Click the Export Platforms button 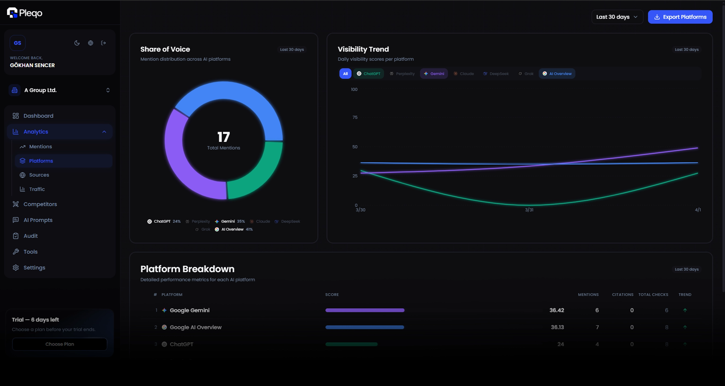[680, 17]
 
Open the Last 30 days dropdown [617, 17]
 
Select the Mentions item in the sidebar [41, 147]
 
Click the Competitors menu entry [40, 204]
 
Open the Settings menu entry [34, 268]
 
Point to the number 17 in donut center [223, 137]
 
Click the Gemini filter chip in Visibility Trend [434, 74]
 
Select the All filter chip [345, 74]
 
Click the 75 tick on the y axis [355, 117]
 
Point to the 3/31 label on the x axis [529, 210]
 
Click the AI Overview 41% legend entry [234, 229]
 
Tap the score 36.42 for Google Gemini [556, 310]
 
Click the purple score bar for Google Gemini [365, 310]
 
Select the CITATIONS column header [622, 294]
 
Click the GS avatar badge [17, 43]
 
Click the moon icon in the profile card [77, 43]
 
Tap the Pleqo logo [25, 13]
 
